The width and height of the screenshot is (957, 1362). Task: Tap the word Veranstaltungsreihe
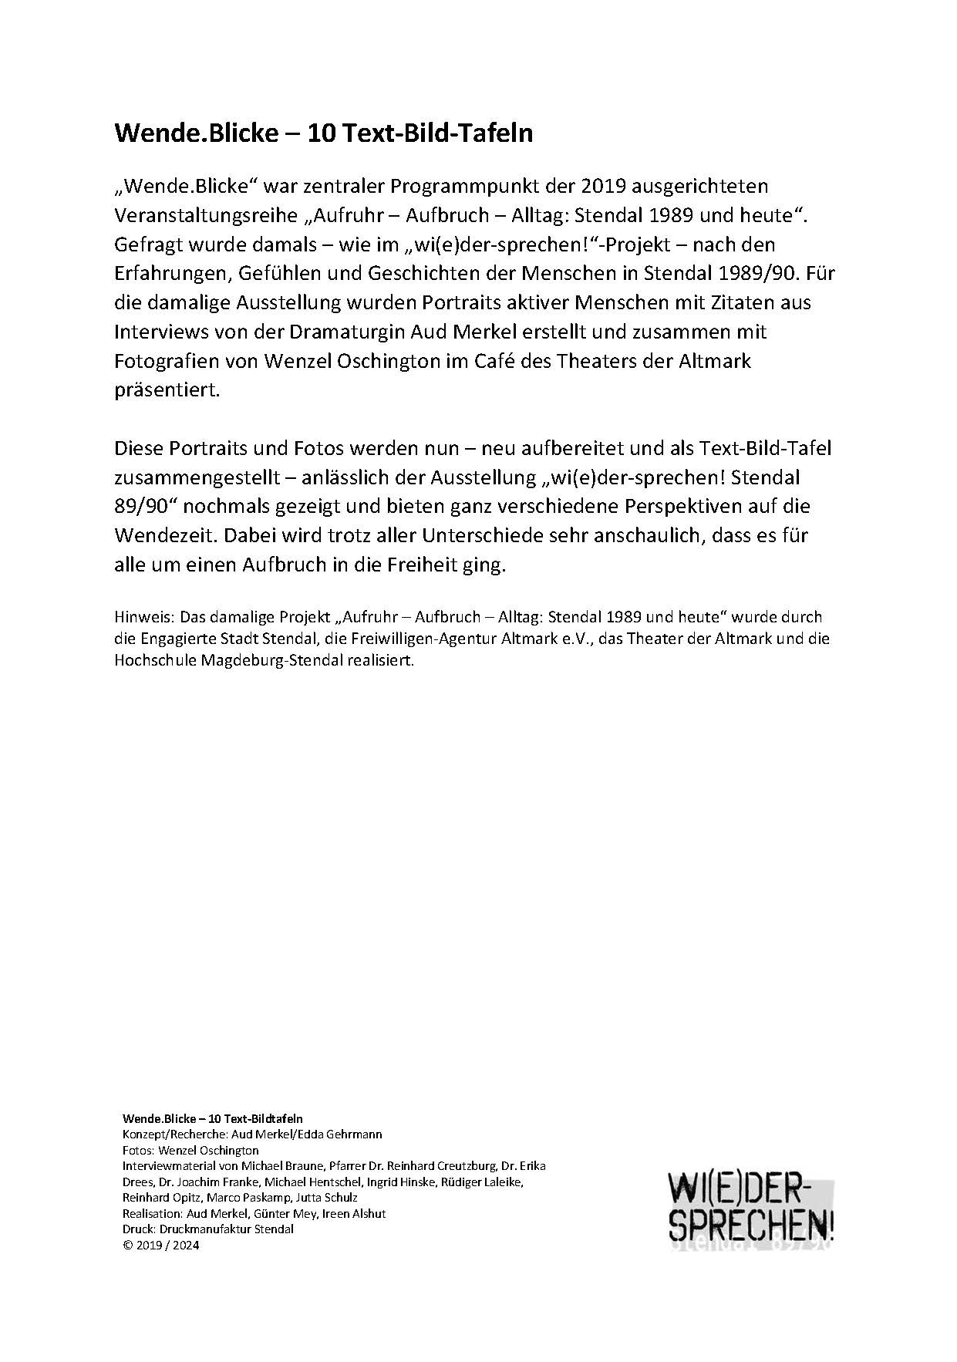pos(205,216)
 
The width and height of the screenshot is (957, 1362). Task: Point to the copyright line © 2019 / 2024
pos(161,1245)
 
